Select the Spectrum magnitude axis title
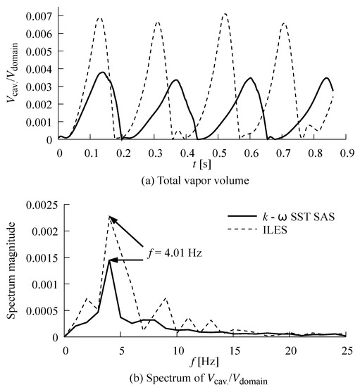coord(12,271)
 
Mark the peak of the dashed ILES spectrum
coord(110,216)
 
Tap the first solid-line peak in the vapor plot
coord(103,72)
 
